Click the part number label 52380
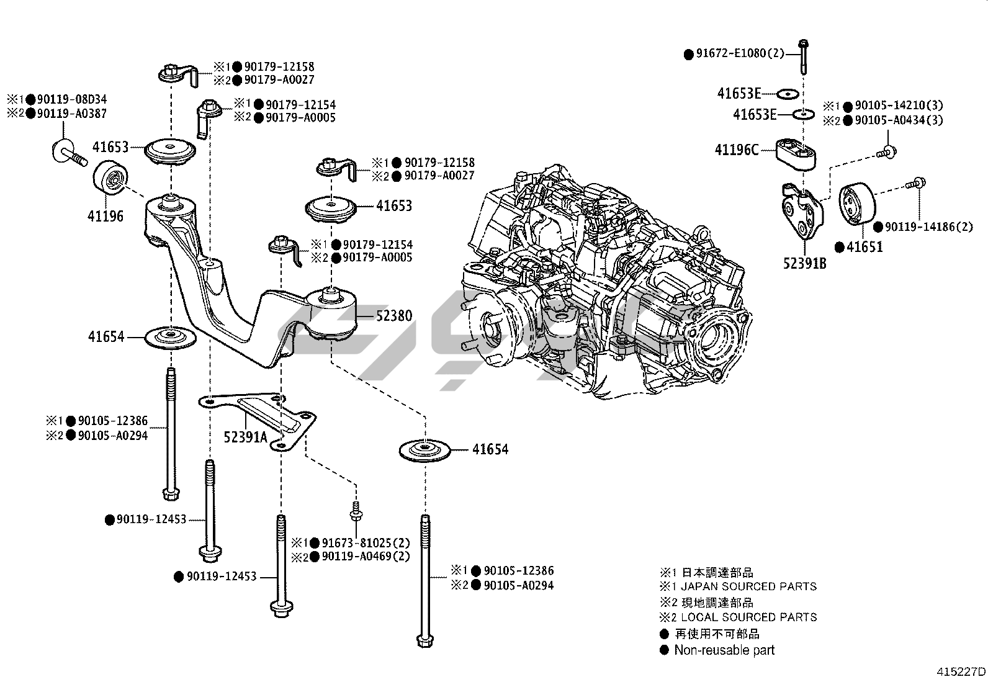(393, 316)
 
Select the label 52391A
(245, 437)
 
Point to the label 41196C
(737, 150)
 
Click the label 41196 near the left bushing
(105, 216)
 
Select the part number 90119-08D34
(71, 99)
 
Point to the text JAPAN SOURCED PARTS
(749, 586)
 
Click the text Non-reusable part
(724, 650)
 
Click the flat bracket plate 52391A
(261, 419)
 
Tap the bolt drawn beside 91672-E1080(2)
(804, 56)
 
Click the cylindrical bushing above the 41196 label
(112, 179)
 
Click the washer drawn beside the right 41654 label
(425, 450)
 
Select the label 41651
(864, 247)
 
